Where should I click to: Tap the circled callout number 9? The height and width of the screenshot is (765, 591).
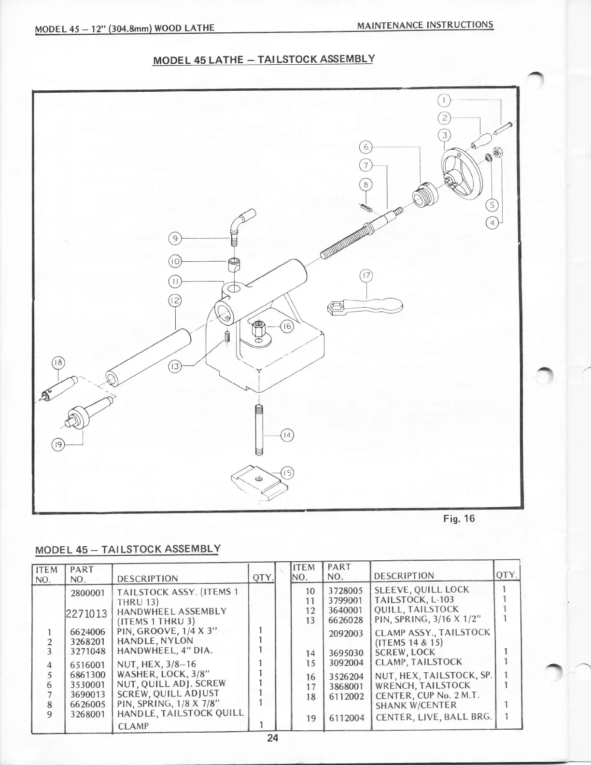tap(174, 238)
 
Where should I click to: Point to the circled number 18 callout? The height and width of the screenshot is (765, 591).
tap(58, 363)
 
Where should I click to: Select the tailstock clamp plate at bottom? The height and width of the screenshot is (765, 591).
tap(256, 481)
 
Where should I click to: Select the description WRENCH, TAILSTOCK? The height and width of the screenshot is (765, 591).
tap(416, 685)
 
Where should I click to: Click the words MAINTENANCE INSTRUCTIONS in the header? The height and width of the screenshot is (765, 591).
tap(425, 25)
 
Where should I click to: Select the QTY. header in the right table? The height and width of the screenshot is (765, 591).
tap(507, 575)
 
